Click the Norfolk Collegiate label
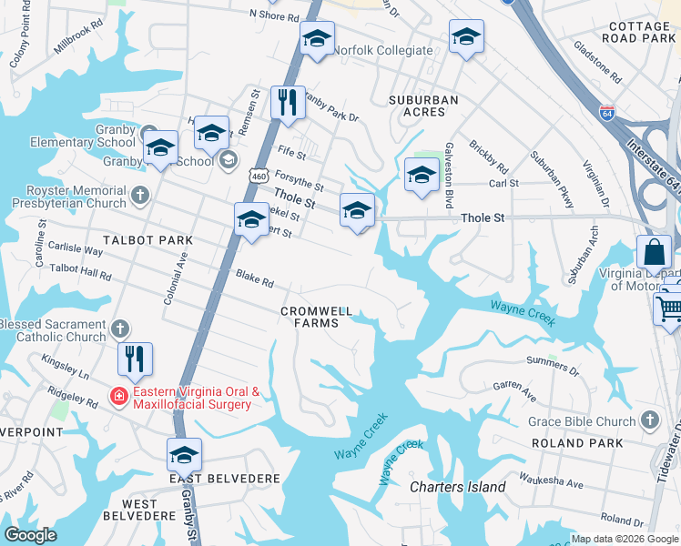point(382,50)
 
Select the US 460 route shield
point(260,176)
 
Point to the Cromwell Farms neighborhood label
point(316,317)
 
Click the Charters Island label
point(457,487)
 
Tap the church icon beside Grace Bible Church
point(649,420)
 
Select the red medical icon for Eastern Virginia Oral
point(117,396)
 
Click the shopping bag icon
point(654,252)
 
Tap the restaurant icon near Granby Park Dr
point(289,102)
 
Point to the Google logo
point(30,535)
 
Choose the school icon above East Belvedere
point(184,454)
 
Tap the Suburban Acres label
point(417,105)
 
